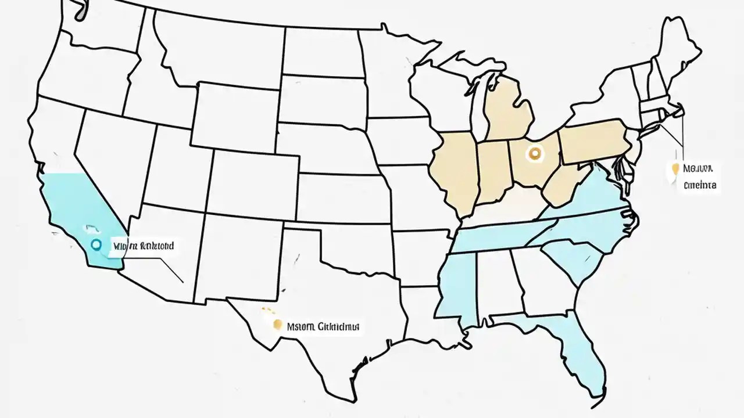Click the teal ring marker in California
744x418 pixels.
click(x=96, y=244)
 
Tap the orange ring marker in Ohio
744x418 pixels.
click(x=535, y=154)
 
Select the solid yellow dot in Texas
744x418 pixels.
click(x=278, y=325)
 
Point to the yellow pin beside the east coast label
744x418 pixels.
click(x=675, y=170)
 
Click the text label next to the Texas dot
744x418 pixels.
click(x=324, y=326)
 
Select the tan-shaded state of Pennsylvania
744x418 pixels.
click(x=590, y=140)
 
